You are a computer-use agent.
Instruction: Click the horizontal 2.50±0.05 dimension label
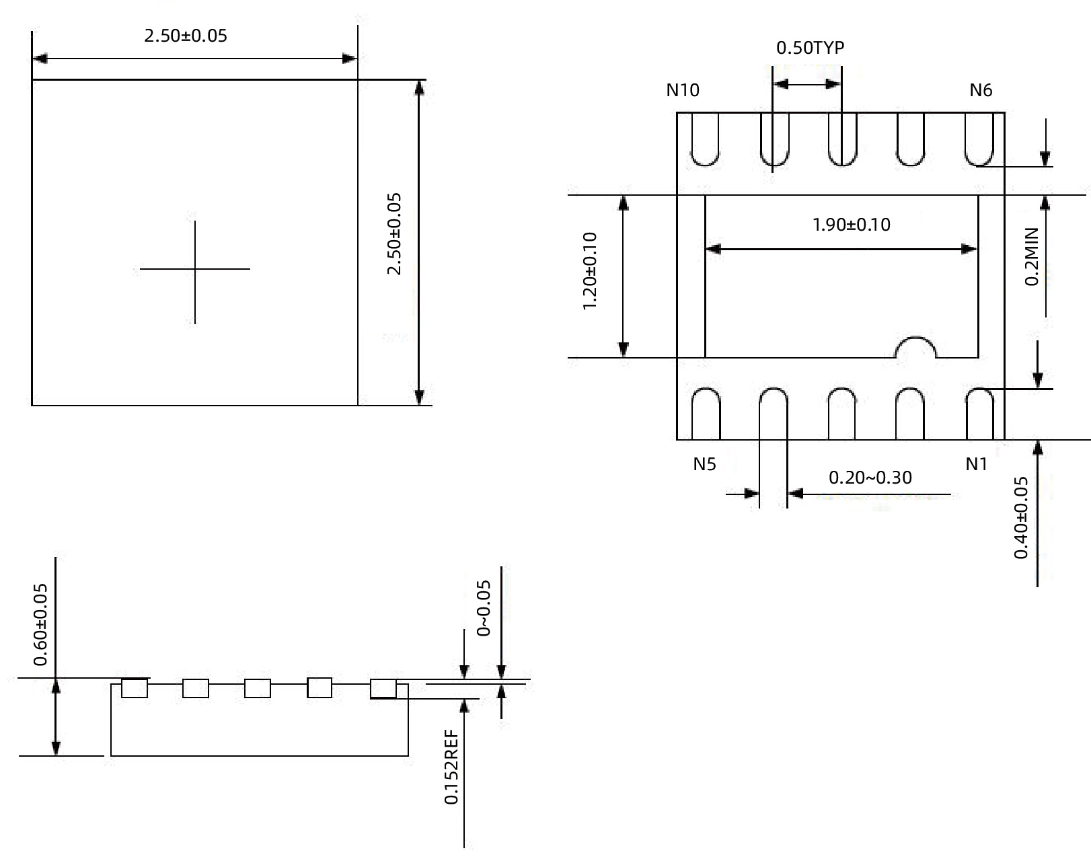[x=186, y=36]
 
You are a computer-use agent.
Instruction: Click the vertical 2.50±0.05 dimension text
[x=394, y=234]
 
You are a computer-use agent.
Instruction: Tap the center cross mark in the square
[x=195, y=269]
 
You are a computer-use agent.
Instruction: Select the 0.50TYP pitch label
[x=810, y=48]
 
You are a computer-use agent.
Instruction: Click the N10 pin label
[x=683, y=90]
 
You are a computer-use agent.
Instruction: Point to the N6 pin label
[x=981, y=90]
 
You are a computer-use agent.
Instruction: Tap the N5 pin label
[x=704, y=464]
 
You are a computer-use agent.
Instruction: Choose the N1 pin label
[x=976, y=464]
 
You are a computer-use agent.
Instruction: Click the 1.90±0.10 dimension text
[x=851, y=225]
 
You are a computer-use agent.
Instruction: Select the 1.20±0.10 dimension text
[x=590, y=271]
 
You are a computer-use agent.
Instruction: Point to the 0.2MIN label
[x=1031, y=256]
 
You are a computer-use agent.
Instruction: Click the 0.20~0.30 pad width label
[x=870, y=478]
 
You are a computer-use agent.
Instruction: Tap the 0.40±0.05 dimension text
[x=1021, y=517]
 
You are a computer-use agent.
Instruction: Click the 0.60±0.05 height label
[x=41, y=624]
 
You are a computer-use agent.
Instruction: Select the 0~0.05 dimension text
[x=484, y=608]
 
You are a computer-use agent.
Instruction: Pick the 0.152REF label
[x=451, y=767]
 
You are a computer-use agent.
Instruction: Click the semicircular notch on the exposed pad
[x=915, y=348]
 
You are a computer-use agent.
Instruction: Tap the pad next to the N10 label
[x=705, y=139]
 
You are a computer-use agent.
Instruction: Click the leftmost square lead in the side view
[x=135, y=689]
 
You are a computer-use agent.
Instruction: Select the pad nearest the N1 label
[x=979, y=414]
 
